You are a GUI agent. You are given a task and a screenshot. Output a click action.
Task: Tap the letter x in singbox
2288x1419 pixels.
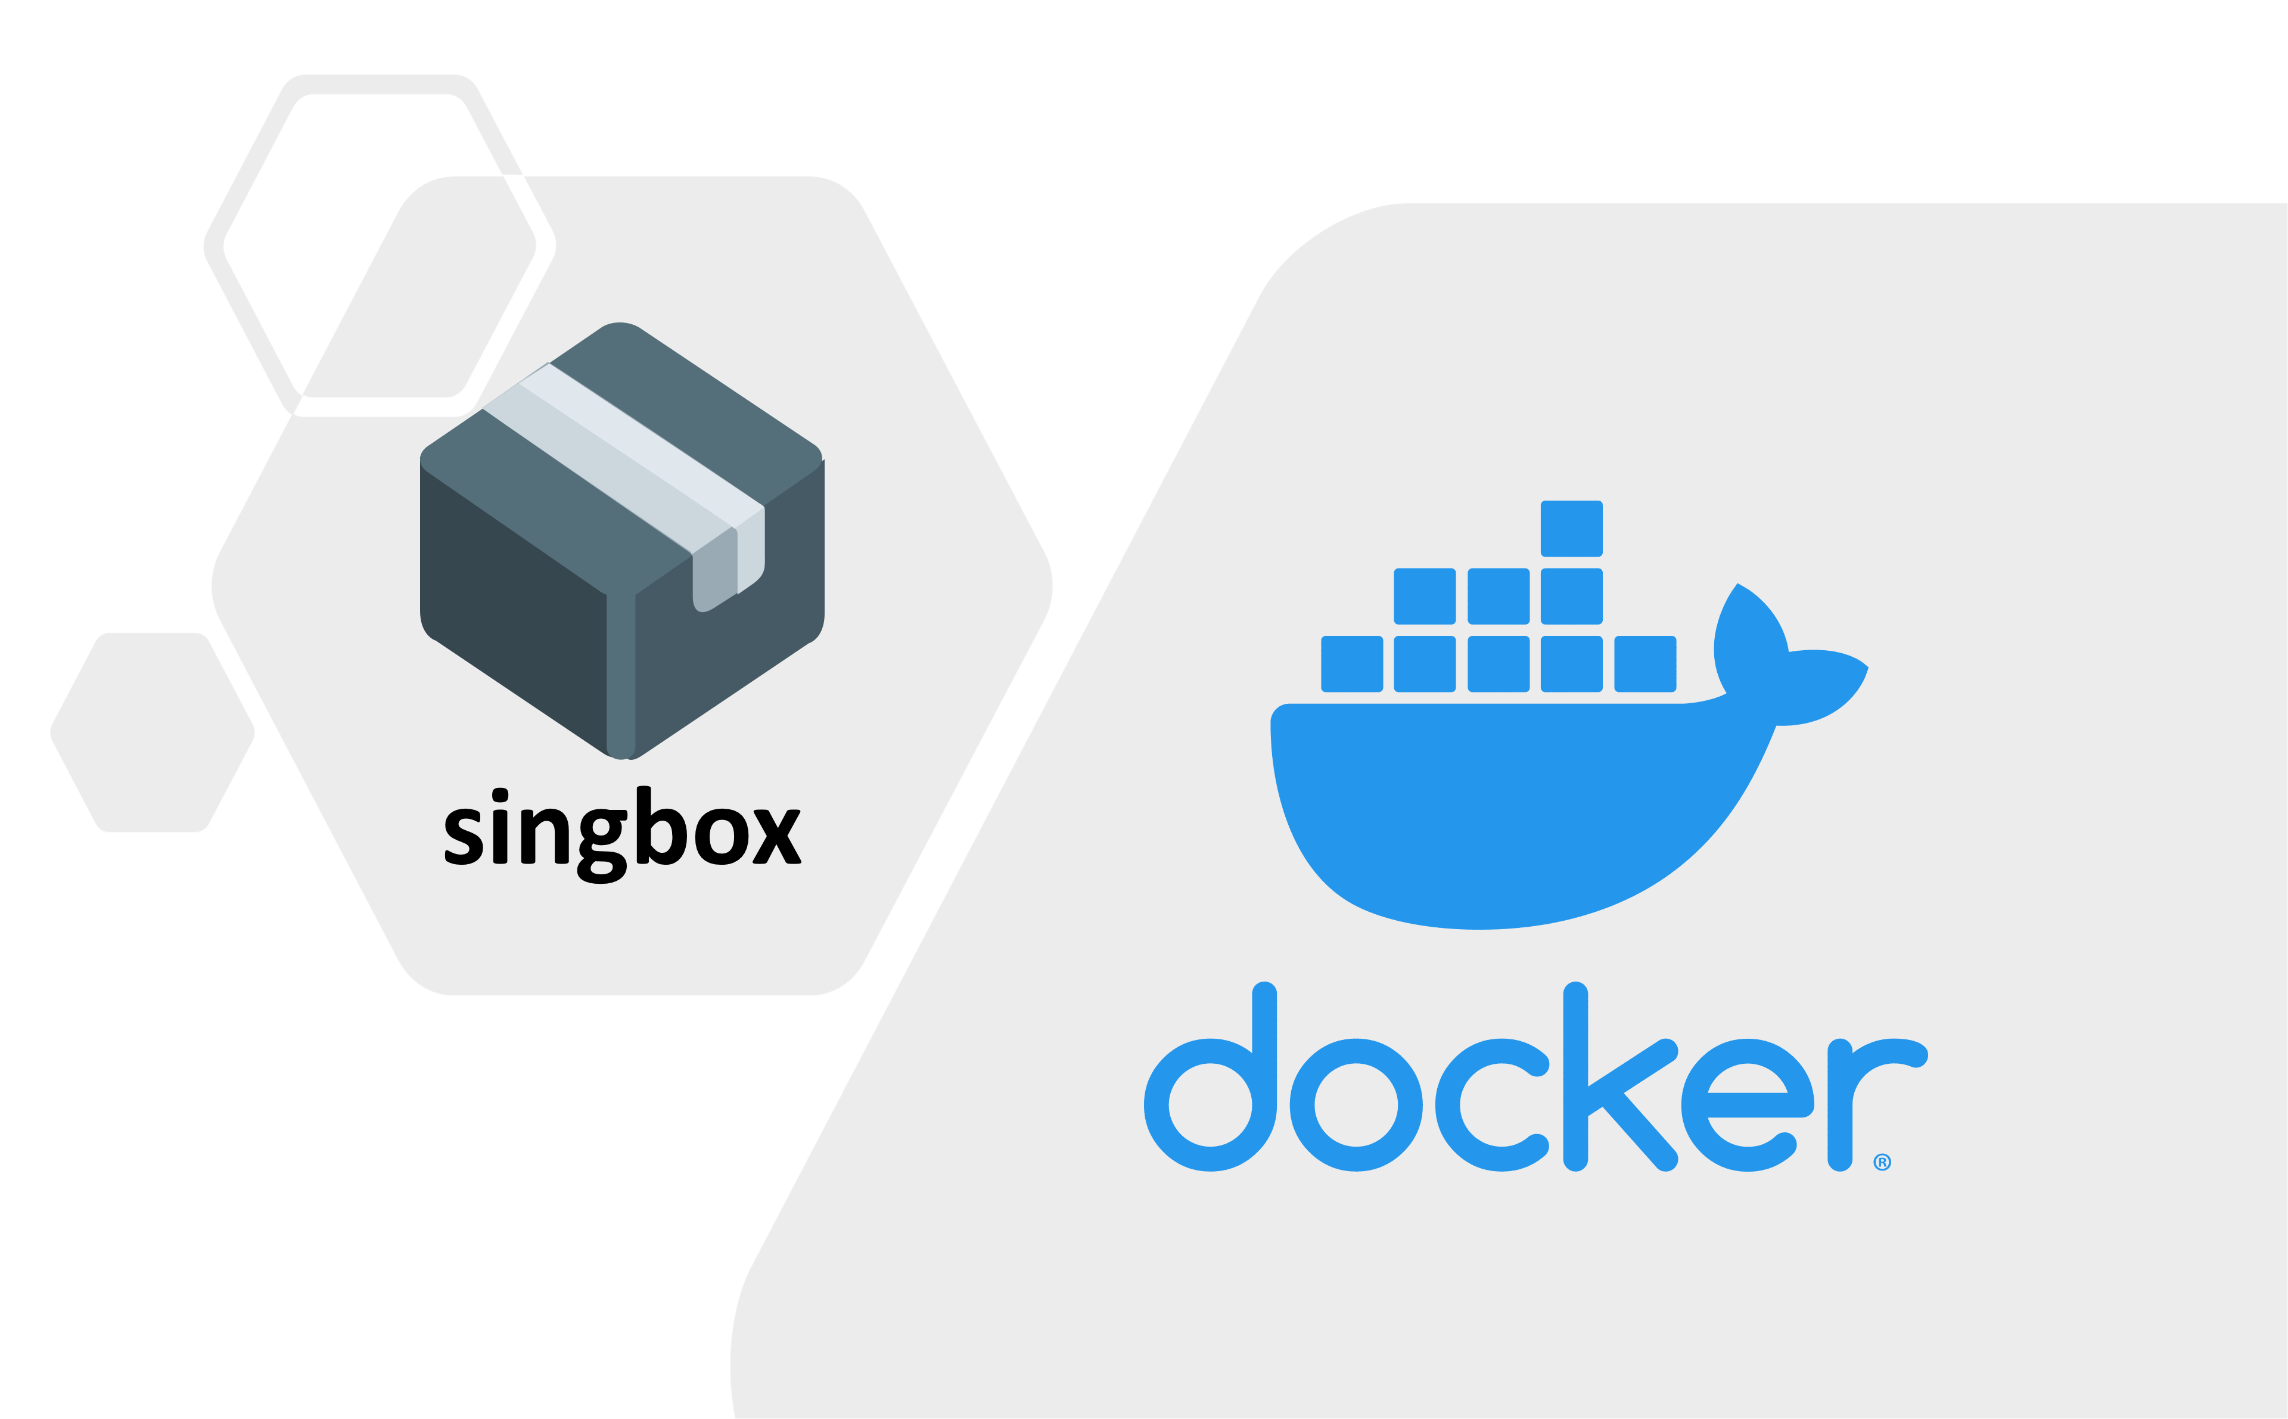coord(777,836)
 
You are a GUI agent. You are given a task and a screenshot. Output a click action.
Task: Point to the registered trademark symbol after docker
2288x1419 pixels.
coord(1882,1162)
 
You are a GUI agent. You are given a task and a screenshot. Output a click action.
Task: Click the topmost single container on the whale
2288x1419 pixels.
coord(1571,529)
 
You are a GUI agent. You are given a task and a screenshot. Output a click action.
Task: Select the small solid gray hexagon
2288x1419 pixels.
coord(152,732)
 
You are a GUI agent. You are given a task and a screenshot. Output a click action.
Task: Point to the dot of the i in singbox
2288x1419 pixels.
coord(500,796)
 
